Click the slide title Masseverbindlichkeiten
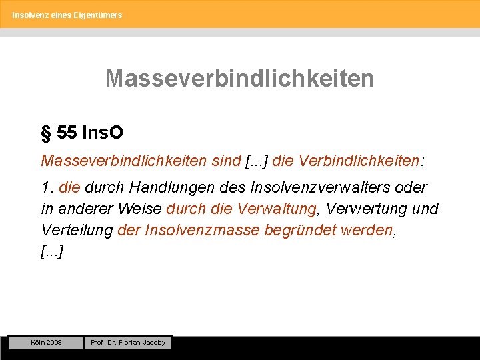(239, 79)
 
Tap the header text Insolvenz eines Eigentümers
(67, 15)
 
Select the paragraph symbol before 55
(46, 133)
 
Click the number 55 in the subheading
(67, 133)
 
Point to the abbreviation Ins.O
(102, 133)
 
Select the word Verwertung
(366, 209)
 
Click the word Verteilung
(77, 229)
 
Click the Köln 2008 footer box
(46, 343)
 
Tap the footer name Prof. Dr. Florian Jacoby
(127, 343)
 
